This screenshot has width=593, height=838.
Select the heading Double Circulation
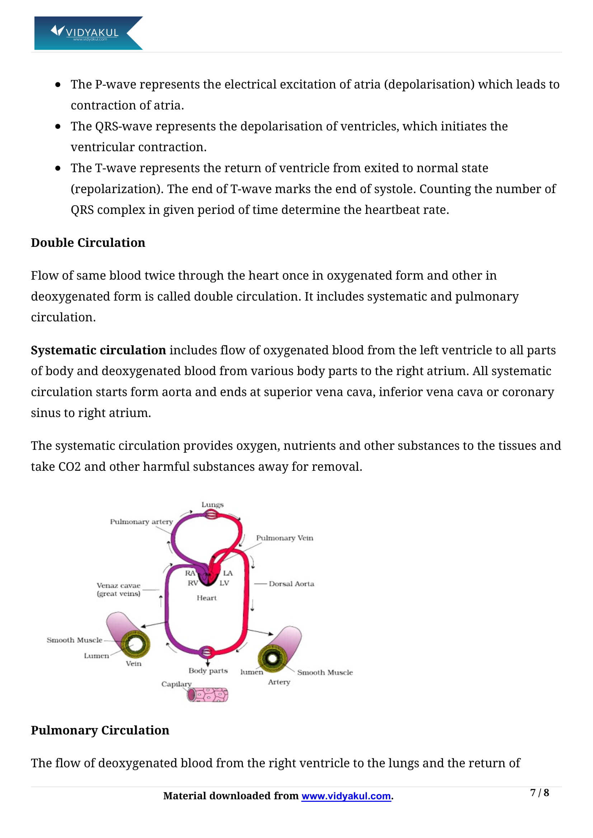tap(88, 243)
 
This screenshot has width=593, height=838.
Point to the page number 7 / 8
tap(539, 792)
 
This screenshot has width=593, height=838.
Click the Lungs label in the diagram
tap(212, 504)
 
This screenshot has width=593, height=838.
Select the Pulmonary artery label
tap(141, 522)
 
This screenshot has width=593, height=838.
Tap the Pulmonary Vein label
tap(284, 538)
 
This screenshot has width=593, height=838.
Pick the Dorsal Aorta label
tap(291, 584)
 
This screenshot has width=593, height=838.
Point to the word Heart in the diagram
tap(206, 598)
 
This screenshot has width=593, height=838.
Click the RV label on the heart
tap(193, 583)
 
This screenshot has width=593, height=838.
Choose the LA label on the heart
tap(228, 573)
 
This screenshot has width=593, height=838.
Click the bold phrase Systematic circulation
tap(98, 350)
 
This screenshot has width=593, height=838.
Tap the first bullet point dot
tap(58, 85)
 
